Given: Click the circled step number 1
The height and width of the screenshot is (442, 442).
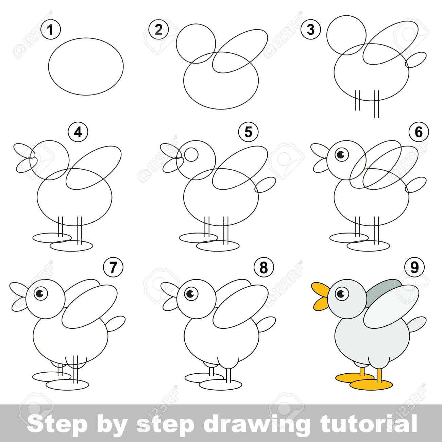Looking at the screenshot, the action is pyautogui.click(x=51, y=30).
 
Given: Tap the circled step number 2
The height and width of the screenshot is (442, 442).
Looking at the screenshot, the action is pyautogui.click(x=158, y=30).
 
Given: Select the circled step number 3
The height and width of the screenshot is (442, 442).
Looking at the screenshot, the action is pyautogui.click(x=310, y=30).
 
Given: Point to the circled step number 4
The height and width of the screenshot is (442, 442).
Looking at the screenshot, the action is pyautogui.click(x=78, y=132).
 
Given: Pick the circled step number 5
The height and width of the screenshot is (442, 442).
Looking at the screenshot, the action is pyautogui.click(x=248, y=132).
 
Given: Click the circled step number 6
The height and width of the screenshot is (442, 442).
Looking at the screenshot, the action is pyautogui.click(x=419, y=132).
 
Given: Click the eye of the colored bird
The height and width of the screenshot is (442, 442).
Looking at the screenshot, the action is pyautogui.click(x=342, y=294).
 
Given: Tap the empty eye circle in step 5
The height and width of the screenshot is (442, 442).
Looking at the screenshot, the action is pyautogui.click(x=191, y=154).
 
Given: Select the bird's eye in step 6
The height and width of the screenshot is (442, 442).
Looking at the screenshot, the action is pyautogui.click(x=342, y=154).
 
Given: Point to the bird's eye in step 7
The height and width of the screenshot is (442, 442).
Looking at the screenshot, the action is pyautogui.click(x=41, y=294).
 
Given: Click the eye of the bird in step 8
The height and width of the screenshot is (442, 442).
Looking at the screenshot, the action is pyautogui.click(x=191, y=294).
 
